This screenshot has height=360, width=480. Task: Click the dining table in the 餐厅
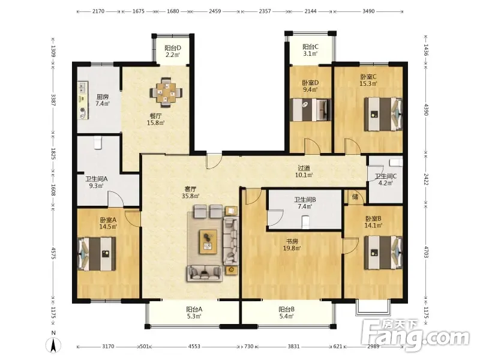pyautogui.click(x=166, y=92)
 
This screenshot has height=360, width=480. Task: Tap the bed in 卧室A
pyautogui.click(x=97, y=254)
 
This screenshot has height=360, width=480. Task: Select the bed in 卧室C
pyautogui.click(x=383, y=114)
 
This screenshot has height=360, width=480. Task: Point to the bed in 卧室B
pyautogui.click(x=383, y=252)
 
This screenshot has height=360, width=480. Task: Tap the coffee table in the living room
pyautogui.click(x=208, y=242)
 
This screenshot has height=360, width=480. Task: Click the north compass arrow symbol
pyautogui.click(x=53, y=346)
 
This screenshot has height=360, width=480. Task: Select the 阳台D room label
pyautogui.click(x=173, y=48)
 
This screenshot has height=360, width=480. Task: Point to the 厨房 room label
pyautogui.click(x=103, y=97)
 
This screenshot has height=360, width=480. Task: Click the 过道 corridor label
pyautogui.click(x=304, y=168)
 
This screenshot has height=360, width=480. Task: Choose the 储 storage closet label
pyautogui.click(x=355, y=197)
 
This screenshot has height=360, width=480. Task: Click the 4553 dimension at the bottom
pyautogui.click(x=194, y=347)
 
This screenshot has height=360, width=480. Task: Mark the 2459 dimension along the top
pyautogui.click(x=215, y=11)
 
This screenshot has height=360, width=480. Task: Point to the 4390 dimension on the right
pyautogui.click(x=426, y=110)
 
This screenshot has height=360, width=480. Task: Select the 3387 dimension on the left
pyautogui.click(x=53, y=100)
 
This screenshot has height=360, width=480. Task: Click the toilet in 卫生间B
pyautogui.click(x=305, y=222)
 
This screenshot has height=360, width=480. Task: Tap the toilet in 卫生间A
pyautogui.click(x=98, y=143)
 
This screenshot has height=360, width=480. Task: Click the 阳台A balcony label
pyautogui.click(x=194, y=310)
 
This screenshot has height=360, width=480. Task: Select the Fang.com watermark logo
pyautogui.click(x=415, y=336)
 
